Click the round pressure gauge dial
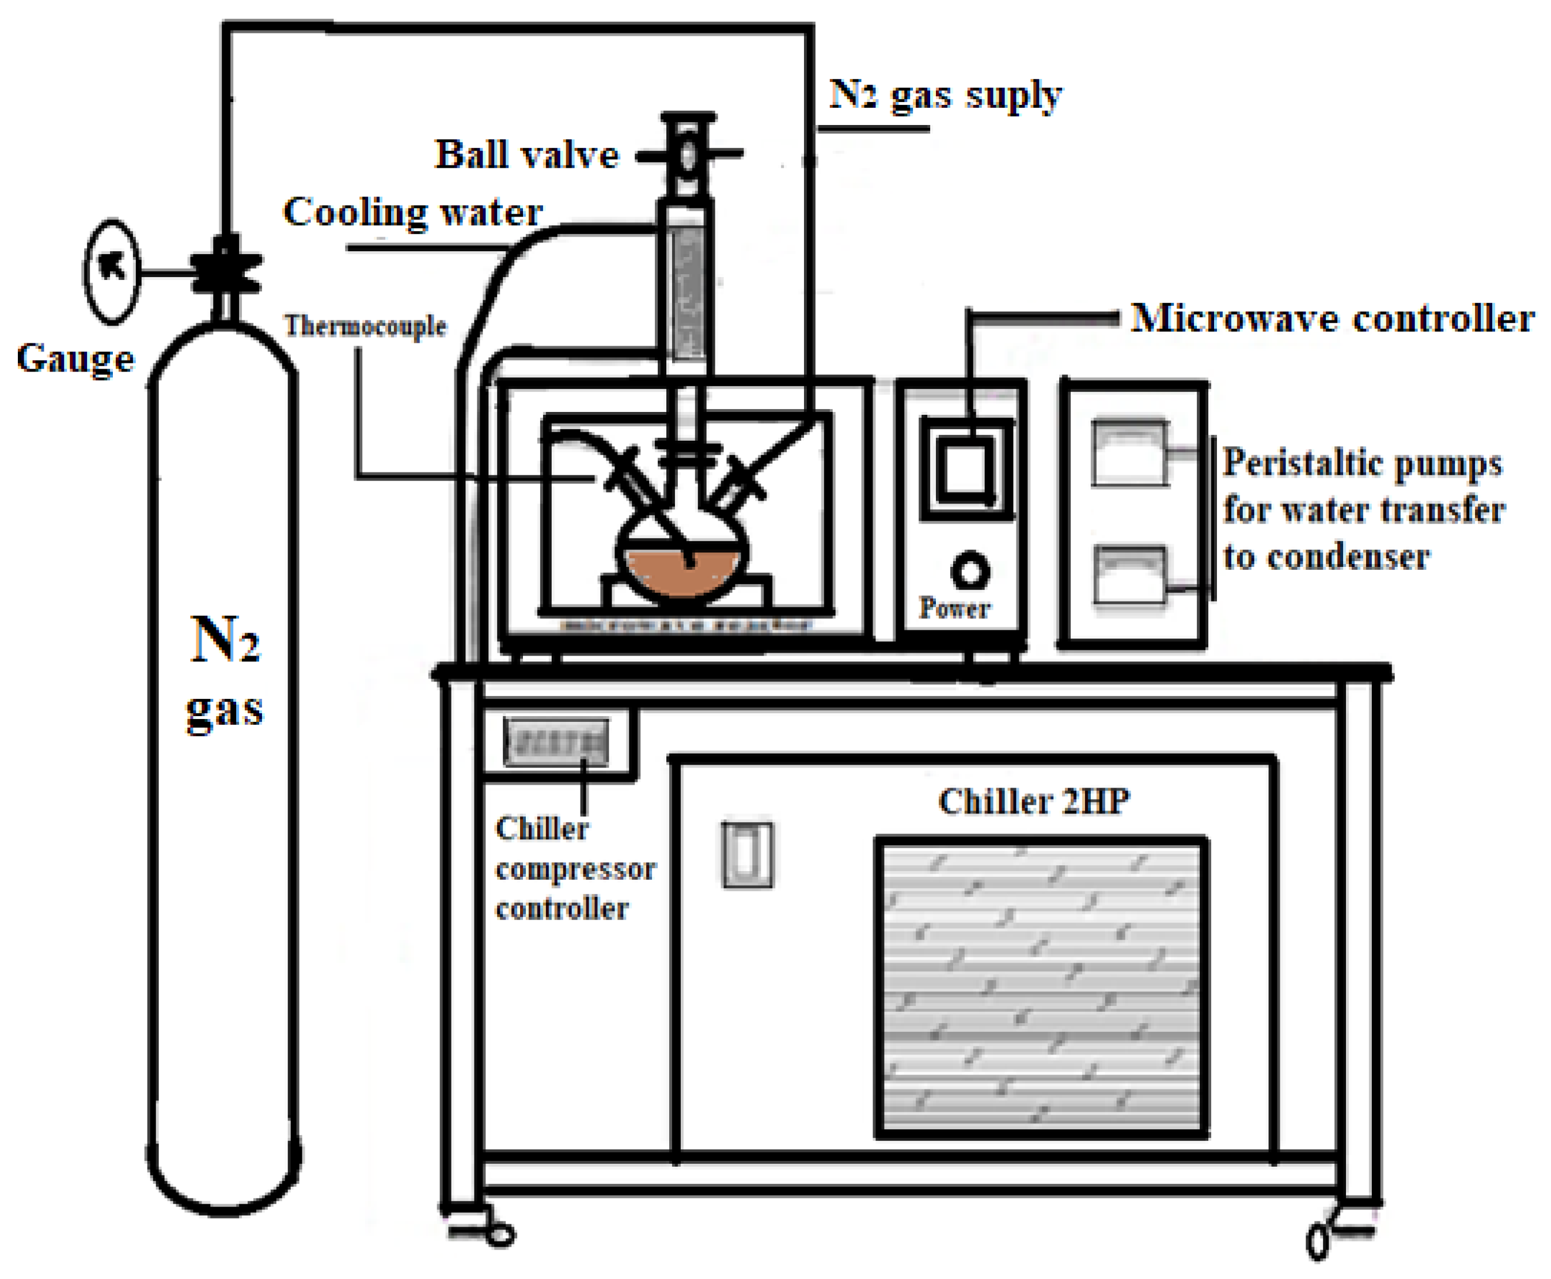click(x=112, y=272)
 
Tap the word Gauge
click(x=76, y=359)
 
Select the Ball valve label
click(x=526, y=156)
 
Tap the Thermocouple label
click(x=365, y=326)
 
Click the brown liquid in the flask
click(x=681, y=571)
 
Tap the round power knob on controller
click(x=969, y=571)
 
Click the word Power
click(x=954, y=608)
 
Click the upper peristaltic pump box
click(x=1129, y=453)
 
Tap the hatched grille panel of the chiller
click(x=1041, y=987)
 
